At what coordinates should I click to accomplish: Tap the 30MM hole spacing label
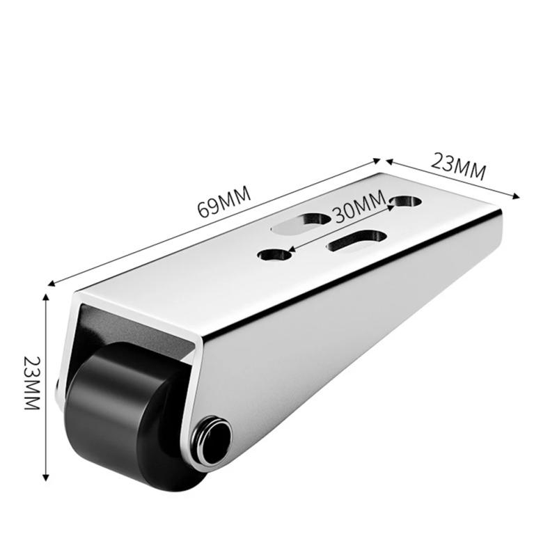click(359, 208)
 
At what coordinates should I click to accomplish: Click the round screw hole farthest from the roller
click(405, 201)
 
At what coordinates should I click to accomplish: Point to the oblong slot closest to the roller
click(302, 221)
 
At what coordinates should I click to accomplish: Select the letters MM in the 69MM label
click(234, 197)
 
